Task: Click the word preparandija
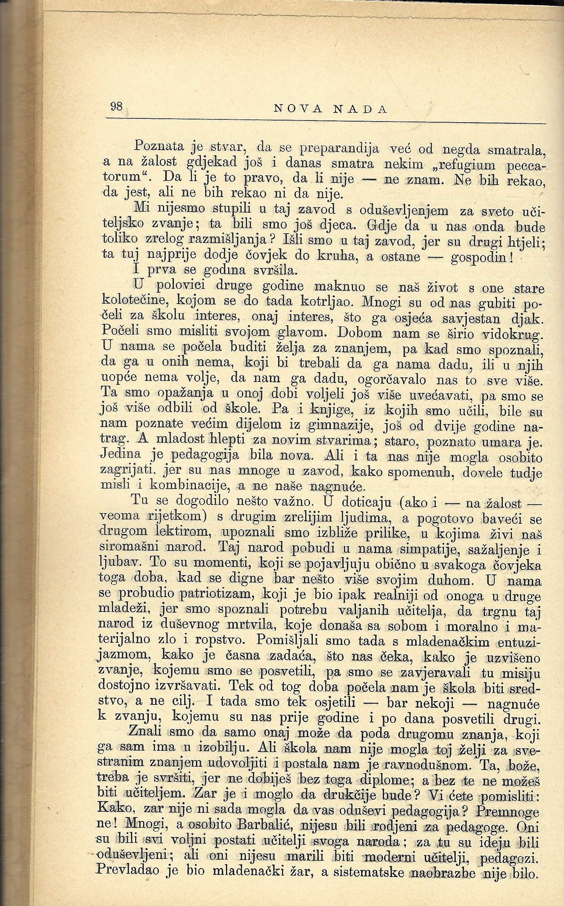pyautogui.click(x=339, y=149)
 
